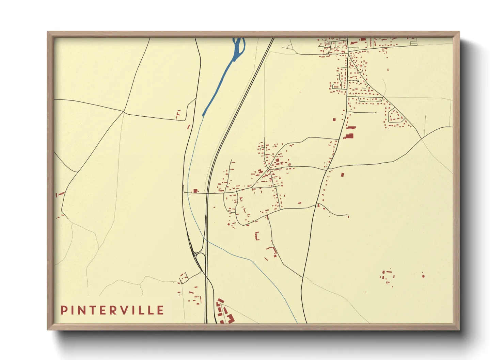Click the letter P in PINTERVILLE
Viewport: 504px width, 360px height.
64,310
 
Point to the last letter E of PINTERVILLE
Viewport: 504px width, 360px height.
160,310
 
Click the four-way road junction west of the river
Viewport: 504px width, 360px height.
124,111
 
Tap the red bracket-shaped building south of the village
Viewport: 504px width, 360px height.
257,236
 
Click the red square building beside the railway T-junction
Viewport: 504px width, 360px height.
195,191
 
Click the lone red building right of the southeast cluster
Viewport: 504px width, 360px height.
423,276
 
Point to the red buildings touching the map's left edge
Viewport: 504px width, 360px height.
60,194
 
